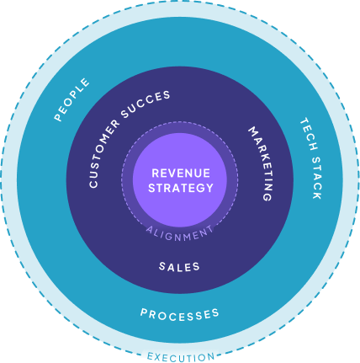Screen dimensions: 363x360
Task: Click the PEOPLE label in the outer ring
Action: pos(71,100)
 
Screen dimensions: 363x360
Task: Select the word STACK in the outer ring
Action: pos(313,177)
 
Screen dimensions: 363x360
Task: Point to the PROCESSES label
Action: pos(179,314)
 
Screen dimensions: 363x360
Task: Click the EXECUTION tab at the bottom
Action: pos(180,356)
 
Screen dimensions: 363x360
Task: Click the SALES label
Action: pos(179,267)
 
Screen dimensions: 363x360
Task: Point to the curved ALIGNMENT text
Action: pos(179,232)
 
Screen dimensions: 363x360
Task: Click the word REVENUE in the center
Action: pos(180,173)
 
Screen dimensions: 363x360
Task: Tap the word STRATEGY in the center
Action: pos(180,188)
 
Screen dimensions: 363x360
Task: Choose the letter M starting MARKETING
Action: pos(251,131)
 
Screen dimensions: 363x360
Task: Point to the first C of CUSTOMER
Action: pos(93,184)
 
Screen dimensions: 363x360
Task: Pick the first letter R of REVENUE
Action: pos(154,173)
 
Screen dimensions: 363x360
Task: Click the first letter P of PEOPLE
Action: pos(59,118)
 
